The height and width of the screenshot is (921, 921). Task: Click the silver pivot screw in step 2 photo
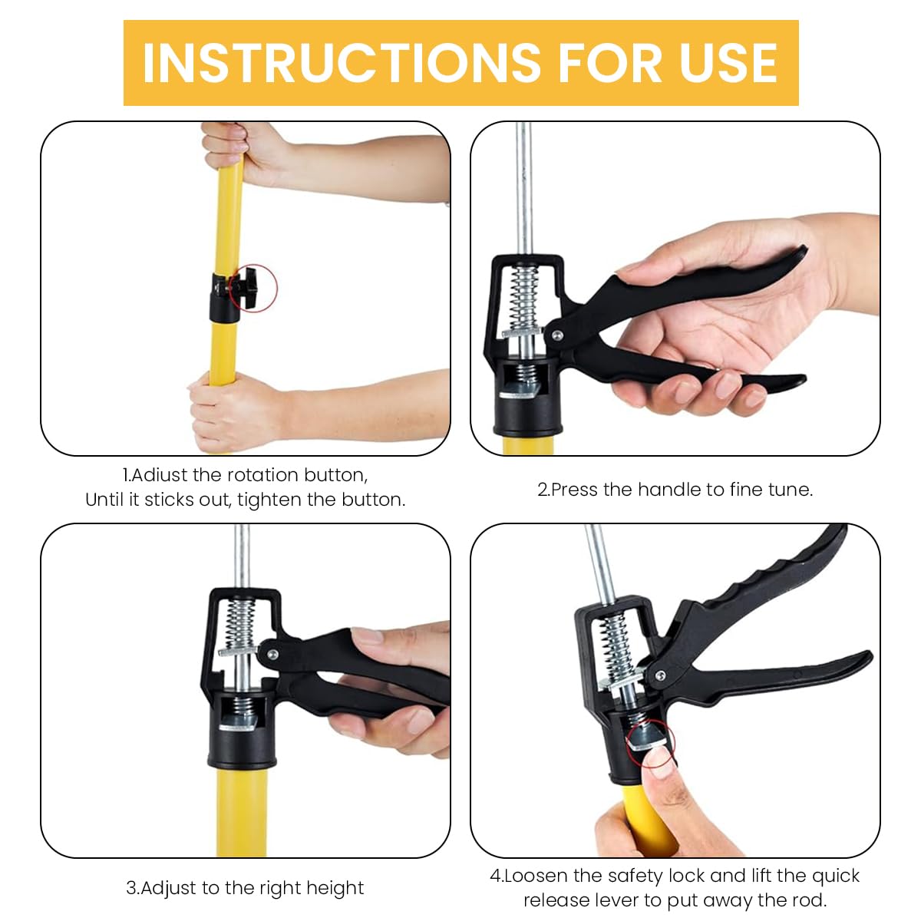[x=555, y=334]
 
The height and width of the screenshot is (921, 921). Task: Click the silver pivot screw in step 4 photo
[x=659, y=675]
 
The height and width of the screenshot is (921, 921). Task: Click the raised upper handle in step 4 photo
[x=767, y=583]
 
